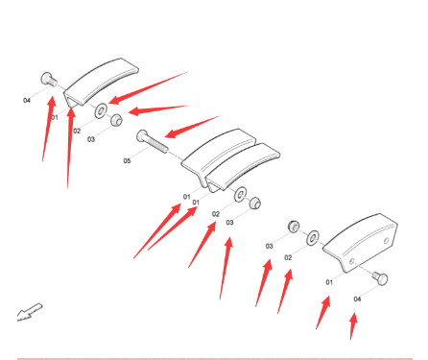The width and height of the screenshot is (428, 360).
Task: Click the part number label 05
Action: pyautogui.click(x=127, y=160)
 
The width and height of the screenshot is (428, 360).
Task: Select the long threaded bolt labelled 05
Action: pyautogui.click(x=152, y=141)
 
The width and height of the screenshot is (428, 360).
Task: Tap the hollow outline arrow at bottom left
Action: pyautogui.click(x=30, y=312)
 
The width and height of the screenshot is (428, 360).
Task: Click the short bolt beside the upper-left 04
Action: pyautogui.click(x=49, y=79)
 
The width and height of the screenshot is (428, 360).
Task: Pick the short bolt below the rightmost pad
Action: pyautogui.click(x=380, y=277)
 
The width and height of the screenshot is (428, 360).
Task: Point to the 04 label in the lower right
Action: pyautogui.click(x=357, y=299)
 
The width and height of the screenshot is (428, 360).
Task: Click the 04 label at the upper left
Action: pyautogui.click(x=27, y=101)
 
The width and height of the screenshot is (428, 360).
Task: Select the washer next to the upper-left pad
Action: pyautogui.click(x=101, y=110)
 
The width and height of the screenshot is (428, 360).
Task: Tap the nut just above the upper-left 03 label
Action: pyautogui.click(x=116, y=120)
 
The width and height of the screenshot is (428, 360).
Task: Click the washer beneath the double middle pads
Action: pyautogui.click(x=240, y=194)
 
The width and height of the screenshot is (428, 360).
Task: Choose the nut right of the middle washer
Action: pyautogui.click(x=255, y=203)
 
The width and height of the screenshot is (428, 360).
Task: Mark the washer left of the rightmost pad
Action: pyautogui.click(x=313, y=238)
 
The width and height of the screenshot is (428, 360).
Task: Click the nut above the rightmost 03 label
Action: pyautogui.click(x=294, y=227)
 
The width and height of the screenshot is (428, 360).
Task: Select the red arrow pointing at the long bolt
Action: pyautogui.click(x=193, y=127)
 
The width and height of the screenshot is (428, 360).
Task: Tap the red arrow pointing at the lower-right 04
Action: pyautogui.click(x=353, y=326)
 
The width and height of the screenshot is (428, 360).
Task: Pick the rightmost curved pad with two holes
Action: pyautogui.click(x=360, y=243)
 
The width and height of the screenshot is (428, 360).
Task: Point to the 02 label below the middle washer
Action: pyautogui.click(x=216, y=214)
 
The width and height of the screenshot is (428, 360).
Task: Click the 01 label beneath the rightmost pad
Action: pyautogui.click(x=329, y=282)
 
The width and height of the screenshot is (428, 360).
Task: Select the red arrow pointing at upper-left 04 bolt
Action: pyautogui.click(x=49, y=128)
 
